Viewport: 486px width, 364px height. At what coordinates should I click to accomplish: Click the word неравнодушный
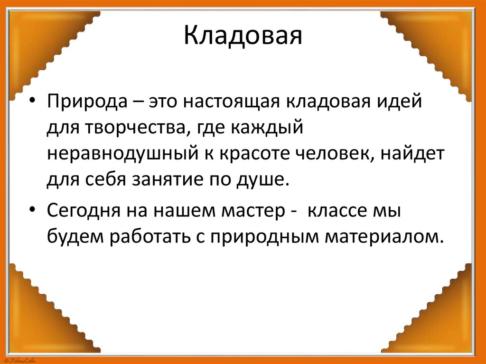tap(121, 154)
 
